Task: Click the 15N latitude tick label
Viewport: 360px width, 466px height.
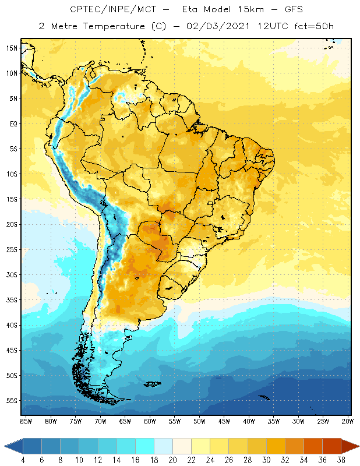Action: (x=12, y=48)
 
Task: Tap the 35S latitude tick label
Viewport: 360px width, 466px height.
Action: (x=12, y=299)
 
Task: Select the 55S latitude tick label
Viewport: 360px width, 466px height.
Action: (x=12, y=400)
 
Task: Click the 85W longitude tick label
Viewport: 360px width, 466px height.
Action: (x=26, y=421)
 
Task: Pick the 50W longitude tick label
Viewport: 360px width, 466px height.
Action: (x=199, y=421)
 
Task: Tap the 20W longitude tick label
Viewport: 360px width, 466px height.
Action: (x=348, y=421)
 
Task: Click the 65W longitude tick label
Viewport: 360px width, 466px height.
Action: (x=125, y=421)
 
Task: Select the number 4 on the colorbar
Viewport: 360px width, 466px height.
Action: (x=23, y=460)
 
